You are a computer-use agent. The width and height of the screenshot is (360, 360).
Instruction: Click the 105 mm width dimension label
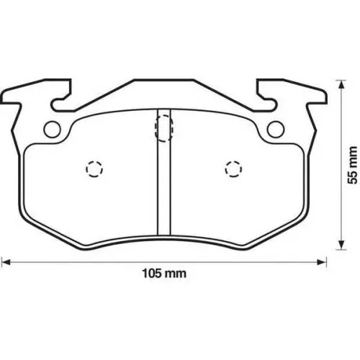pos(164,274)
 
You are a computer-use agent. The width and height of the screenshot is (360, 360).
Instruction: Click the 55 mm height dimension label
pos(352,165)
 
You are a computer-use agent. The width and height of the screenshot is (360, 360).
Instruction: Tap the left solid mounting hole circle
pos(52,130)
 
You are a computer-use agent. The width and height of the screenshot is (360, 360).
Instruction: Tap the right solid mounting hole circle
pos(276,130)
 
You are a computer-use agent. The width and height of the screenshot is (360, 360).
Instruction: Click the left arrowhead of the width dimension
pos(5,262)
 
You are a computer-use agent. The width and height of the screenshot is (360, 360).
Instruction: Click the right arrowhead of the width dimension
pos(322,262)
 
